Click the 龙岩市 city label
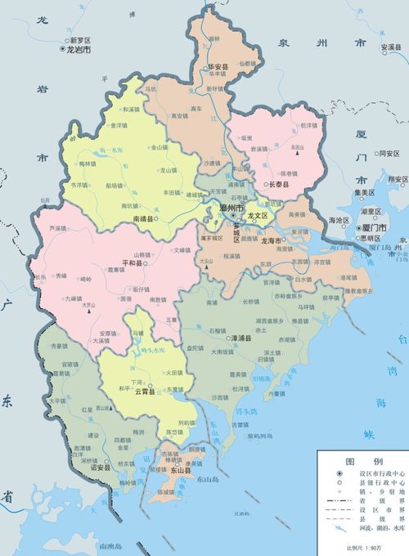[79, 50]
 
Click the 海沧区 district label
[339, 221]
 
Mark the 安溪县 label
[393, 47]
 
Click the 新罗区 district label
[83, 39]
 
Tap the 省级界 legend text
[381, 498]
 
